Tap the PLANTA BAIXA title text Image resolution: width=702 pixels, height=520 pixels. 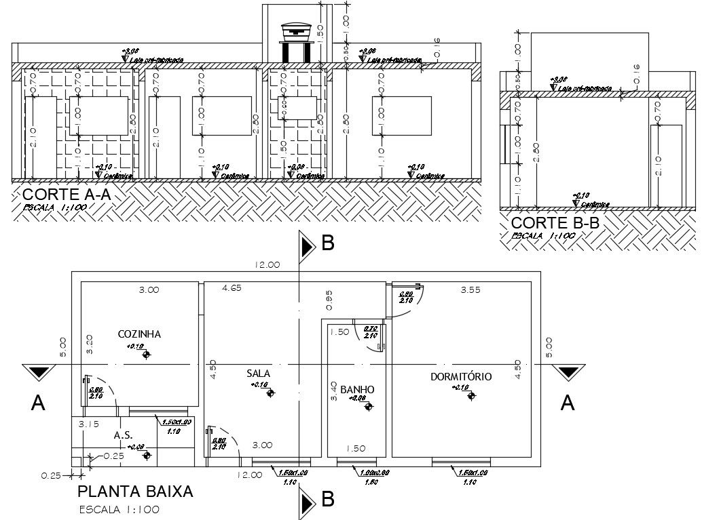pyautogui.click(x=136, y=492)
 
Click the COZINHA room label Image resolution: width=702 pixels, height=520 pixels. pyautogui.click(x=139, y=334)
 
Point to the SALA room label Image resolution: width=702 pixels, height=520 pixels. pyautogui.click(x=259, y=374)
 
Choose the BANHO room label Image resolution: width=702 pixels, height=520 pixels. pyautogui.click(x=357, y=389)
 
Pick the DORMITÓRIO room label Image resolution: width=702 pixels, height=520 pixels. pyautogui.click(x=461, y=377)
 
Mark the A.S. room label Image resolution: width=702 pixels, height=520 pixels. pyautogui.click(x=122, y=435)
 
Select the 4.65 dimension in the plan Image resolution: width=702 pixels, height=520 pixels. pyautogui.click(x=233, y=289)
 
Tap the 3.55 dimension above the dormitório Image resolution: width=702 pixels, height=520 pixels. pyautogui.click(x=470, y=289)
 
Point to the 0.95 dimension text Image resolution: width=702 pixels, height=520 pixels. pyautogui.click(x=328, y=296)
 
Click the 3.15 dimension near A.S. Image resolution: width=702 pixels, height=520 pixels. pyautogui.click(x=89, y=424)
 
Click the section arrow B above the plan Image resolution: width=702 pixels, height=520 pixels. pyautogui.click(x=309, y=245)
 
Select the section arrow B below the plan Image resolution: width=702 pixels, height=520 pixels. pyautogui.click(x=309, y=501)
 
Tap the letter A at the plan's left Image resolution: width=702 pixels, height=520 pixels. pyautogui.click(x=39, y=403)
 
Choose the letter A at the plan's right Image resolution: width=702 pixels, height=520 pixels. pyautogui.click(x=568, y=403)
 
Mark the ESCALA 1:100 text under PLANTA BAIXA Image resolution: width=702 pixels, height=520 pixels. pyautogui.click(x=119, y=509)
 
